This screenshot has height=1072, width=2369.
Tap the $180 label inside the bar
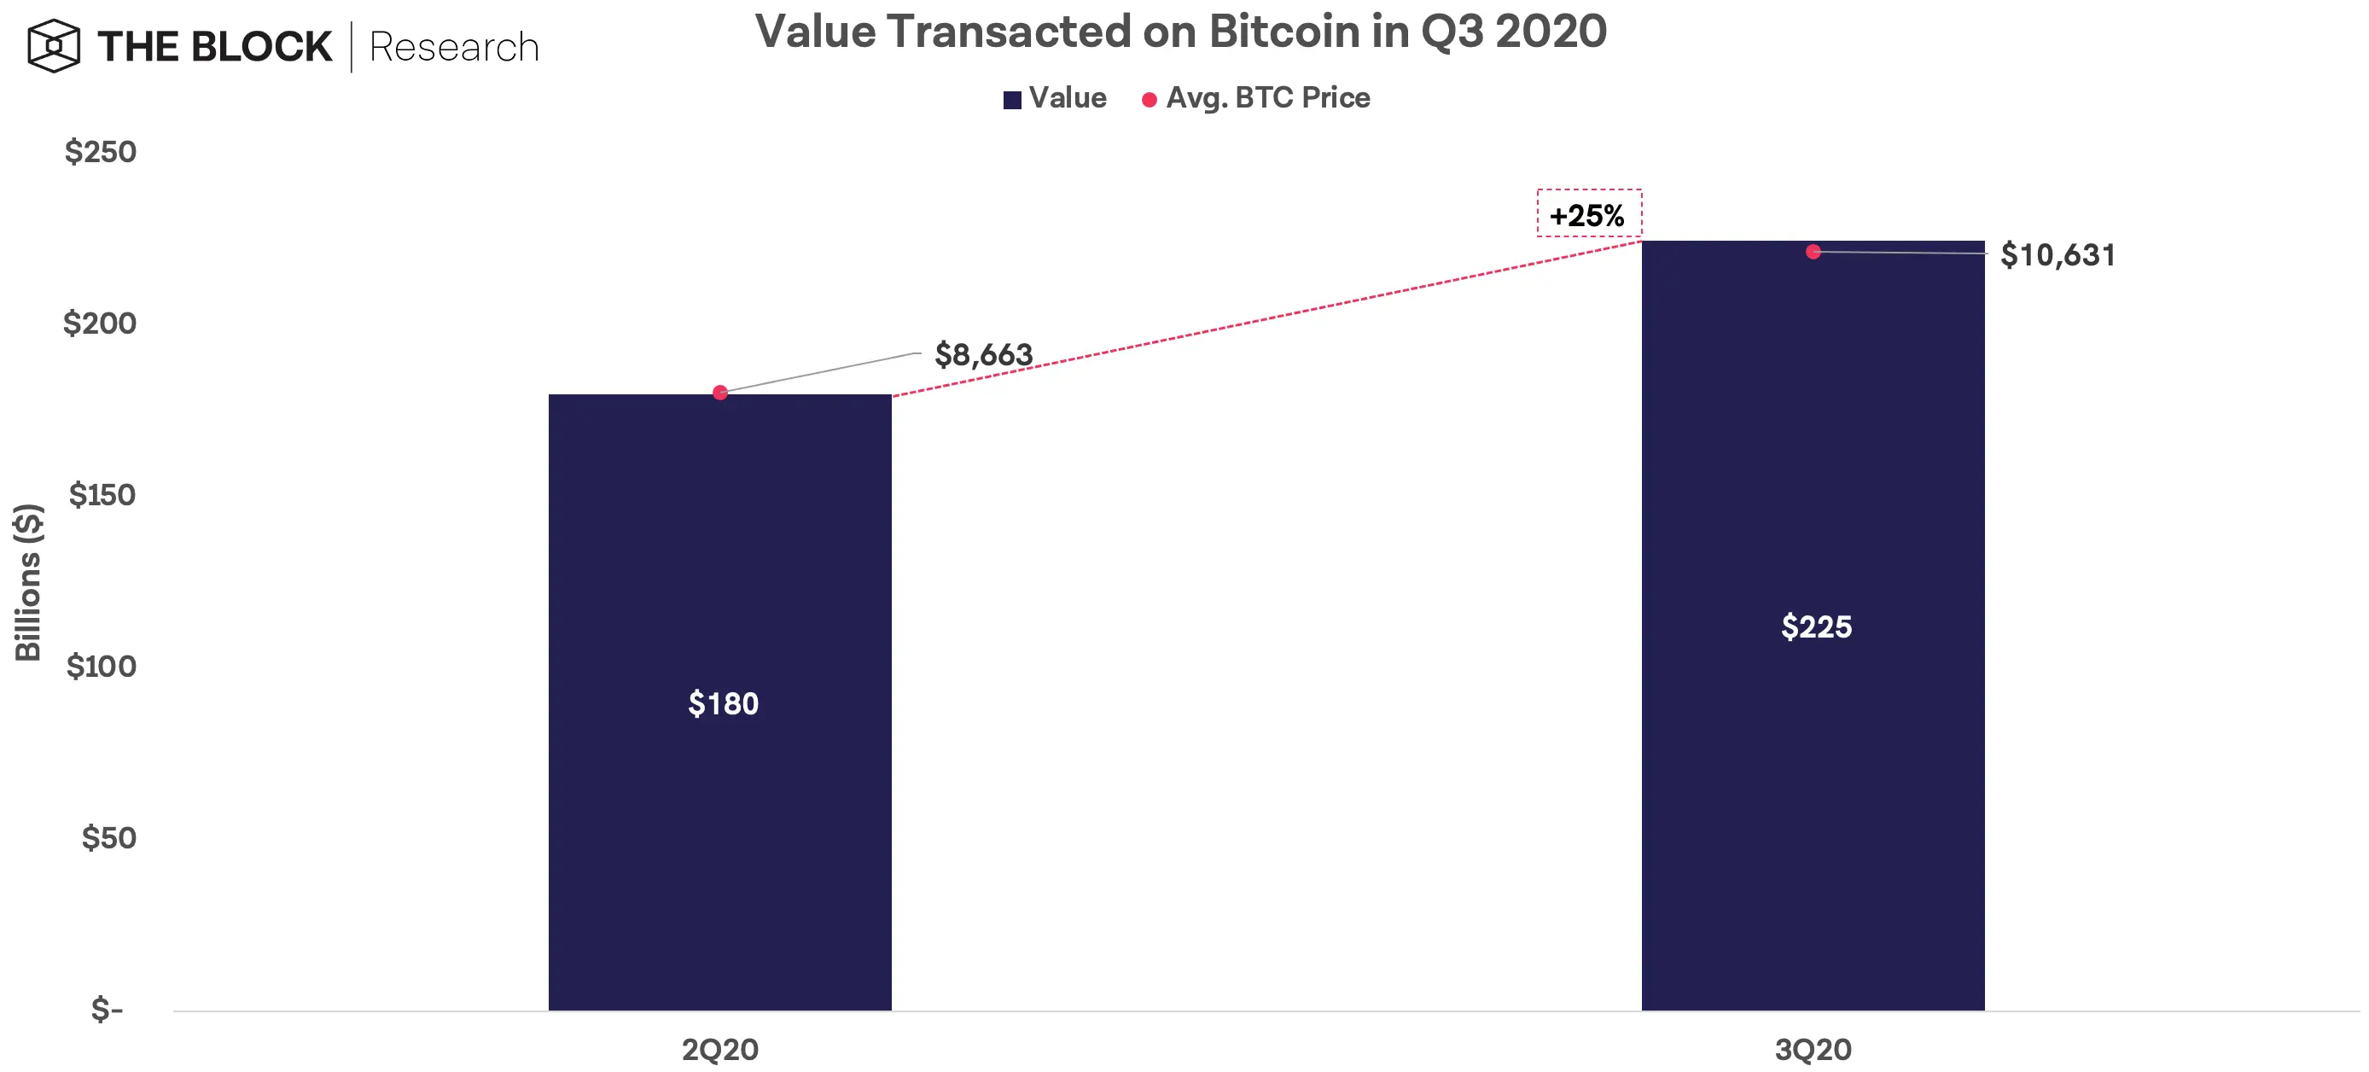click(723, 703)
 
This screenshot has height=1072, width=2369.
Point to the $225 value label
click(1815, 626)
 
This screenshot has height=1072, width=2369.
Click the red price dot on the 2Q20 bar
click(720, 393)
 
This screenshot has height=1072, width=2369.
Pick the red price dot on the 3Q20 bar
click(1813, 252)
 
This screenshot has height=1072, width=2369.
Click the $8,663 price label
click(983, 355)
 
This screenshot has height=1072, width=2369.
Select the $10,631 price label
click(2058, 254)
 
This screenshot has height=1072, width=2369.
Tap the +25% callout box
click(1588, 214)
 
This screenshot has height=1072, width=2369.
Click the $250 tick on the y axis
click(100, 151)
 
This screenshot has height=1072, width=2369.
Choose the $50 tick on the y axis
click(108, 837)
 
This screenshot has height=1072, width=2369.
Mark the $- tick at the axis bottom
click(107, 1009)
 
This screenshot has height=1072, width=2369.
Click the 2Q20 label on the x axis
click(719, 1049)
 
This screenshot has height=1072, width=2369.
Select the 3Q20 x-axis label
click(1812, 1049)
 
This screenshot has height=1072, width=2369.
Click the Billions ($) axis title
click(27, 582)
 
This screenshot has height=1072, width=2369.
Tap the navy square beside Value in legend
click(1011, 99)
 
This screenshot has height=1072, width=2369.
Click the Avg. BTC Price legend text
click(1267, 97)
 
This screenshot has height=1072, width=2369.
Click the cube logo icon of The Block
click(54, 46)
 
